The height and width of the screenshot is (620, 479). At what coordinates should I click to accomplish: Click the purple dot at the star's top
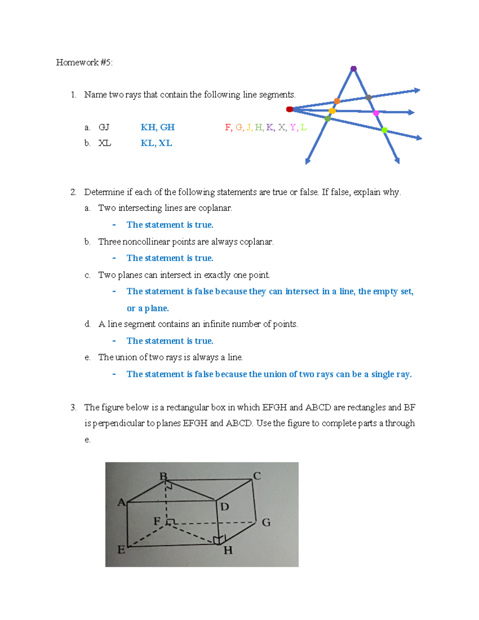pos(353,69)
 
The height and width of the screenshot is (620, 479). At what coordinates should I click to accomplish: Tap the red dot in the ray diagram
pos(290,109)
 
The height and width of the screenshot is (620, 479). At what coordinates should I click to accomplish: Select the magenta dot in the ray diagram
pos(376,113)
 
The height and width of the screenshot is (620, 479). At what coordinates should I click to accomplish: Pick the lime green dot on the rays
pos(384,130)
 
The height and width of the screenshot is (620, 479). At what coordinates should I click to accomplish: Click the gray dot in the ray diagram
pos(368,97)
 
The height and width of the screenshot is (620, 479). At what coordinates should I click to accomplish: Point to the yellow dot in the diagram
pos(332,111)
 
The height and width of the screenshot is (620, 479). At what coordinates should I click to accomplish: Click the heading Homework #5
pos(84,62)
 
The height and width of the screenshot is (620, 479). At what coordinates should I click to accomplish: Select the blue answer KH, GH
pos(158,127)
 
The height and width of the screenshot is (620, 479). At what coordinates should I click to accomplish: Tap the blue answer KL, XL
pos(156,143)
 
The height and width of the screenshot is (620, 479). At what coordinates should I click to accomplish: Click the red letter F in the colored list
pos(228,127)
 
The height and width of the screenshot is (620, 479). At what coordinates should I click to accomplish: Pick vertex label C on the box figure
pos(257,476)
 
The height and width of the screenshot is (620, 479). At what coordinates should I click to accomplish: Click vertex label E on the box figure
pos(121,550)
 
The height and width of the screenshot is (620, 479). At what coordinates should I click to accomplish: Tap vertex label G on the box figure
pos(266,523)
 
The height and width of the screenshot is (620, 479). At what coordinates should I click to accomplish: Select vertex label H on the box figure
pos(228,551)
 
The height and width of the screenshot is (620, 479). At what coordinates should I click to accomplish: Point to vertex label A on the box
pos(121,502)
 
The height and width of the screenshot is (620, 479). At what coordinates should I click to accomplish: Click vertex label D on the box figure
pos(225,507)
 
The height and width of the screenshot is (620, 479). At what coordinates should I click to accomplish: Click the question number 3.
pos(73,408)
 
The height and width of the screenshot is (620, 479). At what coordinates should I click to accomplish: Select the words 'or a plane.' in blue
pos(148,308)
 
